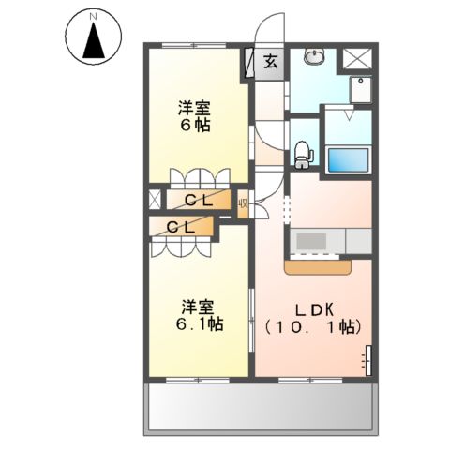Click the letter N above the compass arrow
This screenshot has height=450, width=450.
[x=93, y=18]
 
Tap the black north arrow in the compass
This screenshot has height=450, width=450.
[x=94, y=40]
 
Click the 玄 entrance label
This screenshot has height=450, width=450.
[x=271, y=62]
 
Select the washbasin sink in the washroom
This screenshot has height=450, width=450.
[x=314, y=56]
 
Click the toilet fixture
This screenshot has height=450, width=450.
[x=304, y=154]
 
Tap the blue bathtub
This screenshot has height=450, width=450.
[x=348, y=159]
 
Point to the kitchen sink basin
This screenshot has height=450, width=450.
[x=311, y=241]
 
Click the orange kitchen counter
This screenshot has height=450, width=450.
[x=318, y=267]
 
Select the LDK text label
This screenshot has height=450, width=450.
[x=315, y=309]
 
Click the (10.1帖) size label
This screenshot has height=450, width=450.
[x=313, y=327]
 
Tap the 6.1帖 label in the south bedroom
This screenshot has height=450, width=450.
[x=199, y=324]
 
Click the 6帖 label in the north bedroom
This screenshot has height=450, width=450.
[x=194, y=126]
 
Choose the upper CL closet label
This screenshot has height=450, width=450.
[x=199, y=201]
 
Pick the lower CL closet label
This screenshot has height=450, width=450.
[x=181, y=228]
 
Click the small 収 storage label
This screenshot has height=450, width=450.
[x=243, y=204]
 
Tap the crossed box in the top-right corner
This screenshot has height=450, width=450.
[x=356, y=58]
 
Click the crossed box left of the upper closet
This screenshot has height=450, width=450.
[x=155, y=199]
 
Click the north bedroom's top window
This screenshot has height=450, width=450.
[x=194, y=45]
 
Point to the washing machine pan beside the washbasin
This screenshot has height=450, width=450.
[x=360, y=89]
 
